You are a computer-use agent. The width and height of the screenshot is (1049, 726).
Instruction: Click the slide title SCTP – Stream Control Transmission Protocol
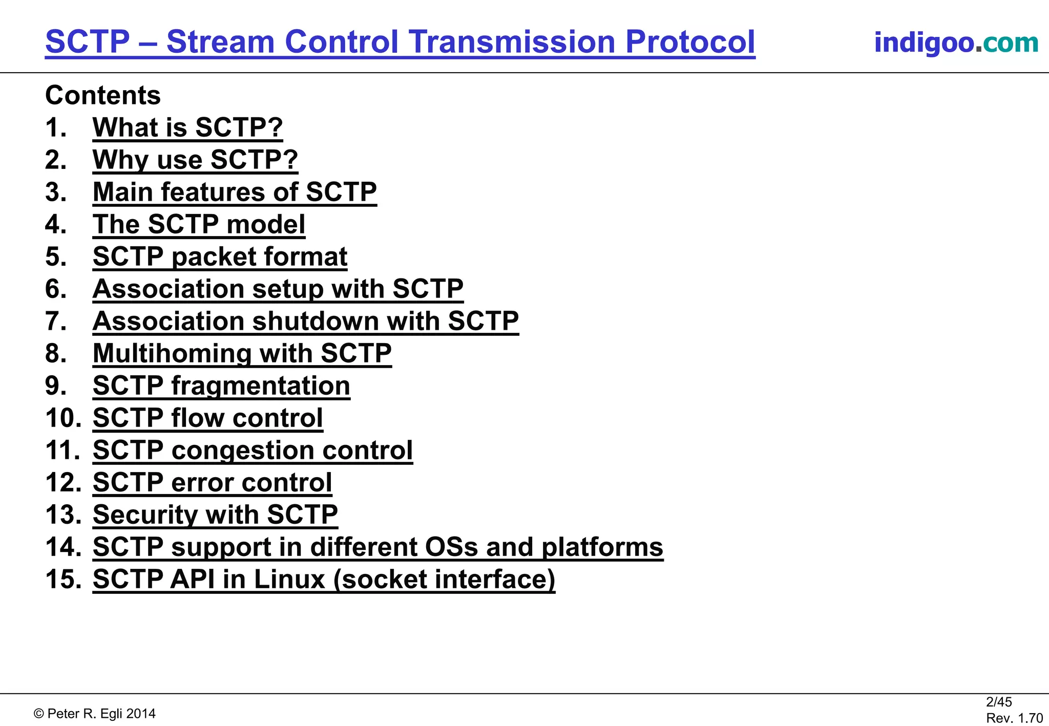pyautogui.click(x=400, y=42)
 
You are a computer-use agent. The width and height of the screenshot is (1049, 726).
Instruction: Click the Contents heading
pyautogui.click(x=103, y=95)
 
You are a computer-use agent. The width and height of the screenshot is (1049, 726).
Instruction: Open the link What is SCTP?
pyautogui.click(x=187, y=127)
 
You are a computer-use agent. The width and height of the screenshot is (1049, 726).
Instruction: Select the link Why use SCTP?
pyautogui.click(x=195, y=160)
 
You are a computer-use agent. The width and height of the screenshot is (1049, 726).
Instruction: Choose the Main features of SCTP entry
pyautogui.click(x=235, y=192)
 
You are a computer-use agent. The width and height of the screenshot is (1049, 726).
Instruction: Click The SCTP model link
pyautogui.click(x=199, y=224)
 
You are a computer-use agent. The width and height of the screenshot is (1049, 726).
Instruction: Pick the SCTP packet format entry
pyautogui.click(x=220, y=257)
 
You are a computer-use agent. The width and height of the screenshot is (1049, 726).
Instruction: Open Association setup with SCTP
pyautogui.click(x=278, y=289)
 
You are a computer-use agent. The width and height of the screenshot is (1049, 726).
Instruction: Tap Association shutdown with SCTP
pyautogui.click(x=305, y=321)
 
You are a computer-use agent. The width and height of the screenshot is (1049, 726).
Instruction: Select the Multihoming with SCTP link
pyautogui.click(x=242, y=353)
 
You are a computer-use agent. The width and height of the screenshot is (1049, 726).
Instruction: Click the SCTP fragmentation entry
pyautogui.click(x=221, y=386)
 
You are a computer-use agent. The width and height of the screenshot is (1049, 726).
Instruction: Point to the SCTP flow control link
pyautogui.click(x=207, y=418)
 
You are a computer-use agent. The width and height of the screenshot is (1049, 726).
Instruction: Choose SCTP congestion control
pyautogui.click(x=253, y=450)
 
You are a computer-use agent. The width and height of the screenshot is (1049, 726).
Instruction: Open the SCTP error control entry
pyautogui.click(x=212, y=482)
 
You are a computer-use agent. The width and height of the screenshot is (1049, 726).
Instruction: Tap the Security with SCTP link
pyautogui.click(x=215, y=515)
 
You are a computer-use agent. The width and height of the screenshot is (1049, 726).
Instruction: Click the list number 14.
pyautogui.click(x=62, y=547)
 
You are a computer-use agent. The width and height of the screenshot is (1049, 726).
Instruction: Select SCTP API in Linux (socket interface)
pyautogui.click(x=324, y=579)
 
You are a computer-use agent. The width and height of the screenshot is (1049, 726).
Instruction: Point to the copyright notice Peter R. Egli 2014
pyautogui.click(x=95, y=714)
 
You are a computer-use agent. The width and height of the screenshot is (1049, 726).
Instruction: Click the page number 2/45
pyautogui.click(x=999, y=702)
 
